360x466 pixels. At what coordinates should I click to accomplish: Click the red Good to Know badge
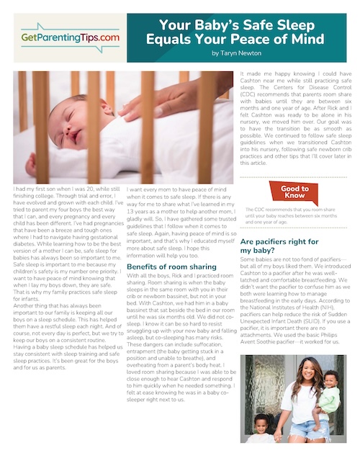click(289, 190)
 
